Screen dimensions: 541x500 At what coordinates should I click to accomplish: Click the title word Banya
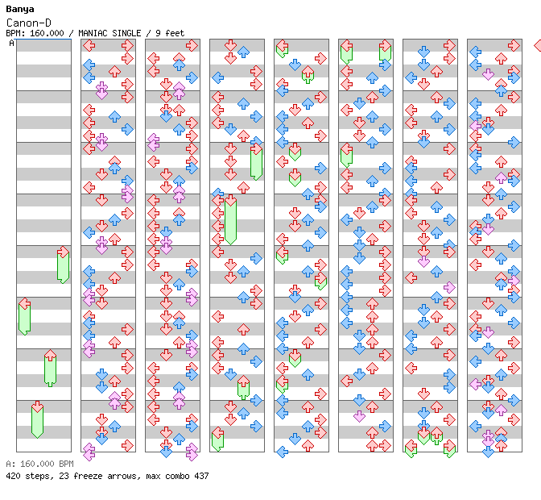(20, 10)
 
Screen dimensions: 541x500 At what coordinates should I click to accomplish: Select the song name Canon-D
(29, 23)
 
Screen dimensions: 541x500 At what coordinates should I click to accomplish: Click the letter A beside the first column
(12, 44)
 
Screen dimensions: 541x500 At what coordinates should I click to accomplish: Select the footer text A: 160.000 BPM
(40, 464)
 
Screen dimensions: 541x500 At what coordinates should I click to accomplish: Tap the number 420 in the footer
(13, 476)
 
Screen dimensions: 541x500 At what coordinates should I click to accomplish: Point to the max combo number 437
(201, 476)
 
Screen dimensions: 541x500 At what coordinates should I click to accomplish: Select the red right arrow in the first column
(63, 252)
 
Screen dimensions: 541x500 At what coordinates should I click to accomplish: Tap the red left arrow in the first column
(24, 304)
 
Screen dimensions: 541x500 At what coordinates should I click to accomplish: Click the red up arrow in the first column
(51, 355)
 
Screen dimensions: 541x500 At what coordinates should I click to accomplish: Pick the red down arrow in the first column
(37, 406)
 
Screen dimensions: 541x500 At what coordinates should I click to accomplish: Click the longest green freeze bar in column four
(230, 221)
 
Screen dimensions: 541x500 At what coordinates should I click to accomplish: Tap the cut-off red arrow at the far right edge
(538, 45)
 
